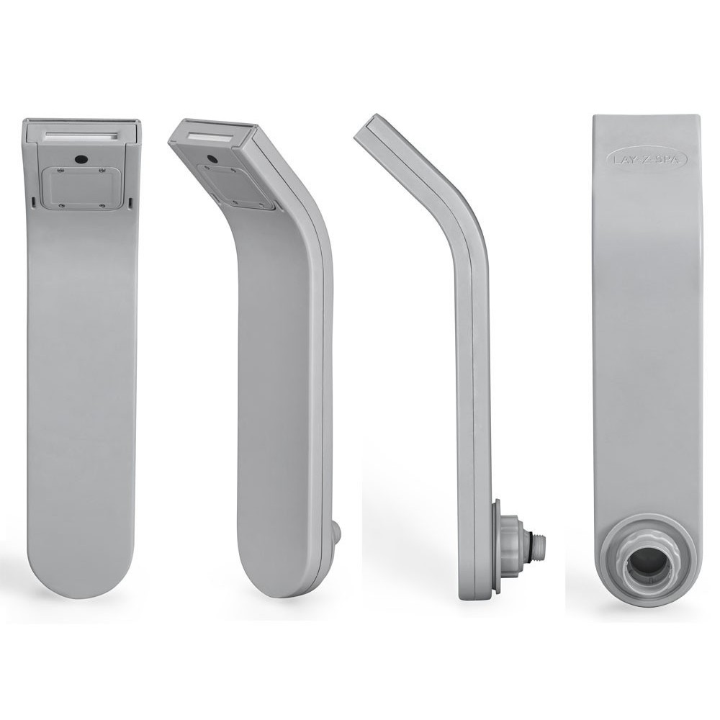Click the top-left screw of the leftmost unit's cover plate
tap(60, 171)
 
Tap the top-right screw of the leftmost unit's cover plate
tap(102, 171)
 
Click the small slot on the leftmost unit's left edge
tap(35, 202)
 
